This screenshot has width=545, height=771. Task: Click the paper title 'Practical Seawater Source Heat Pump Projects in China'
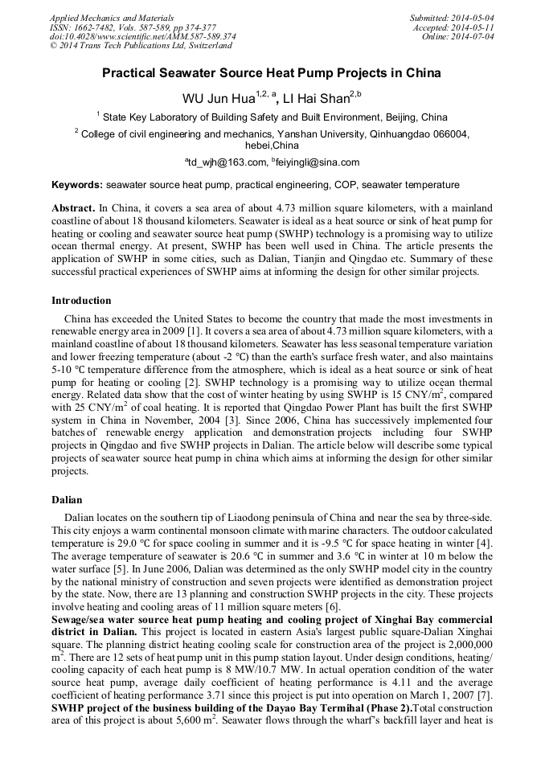click(272, 73)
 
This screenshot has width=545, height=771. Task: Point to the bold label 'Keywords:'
click(77, 184)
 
